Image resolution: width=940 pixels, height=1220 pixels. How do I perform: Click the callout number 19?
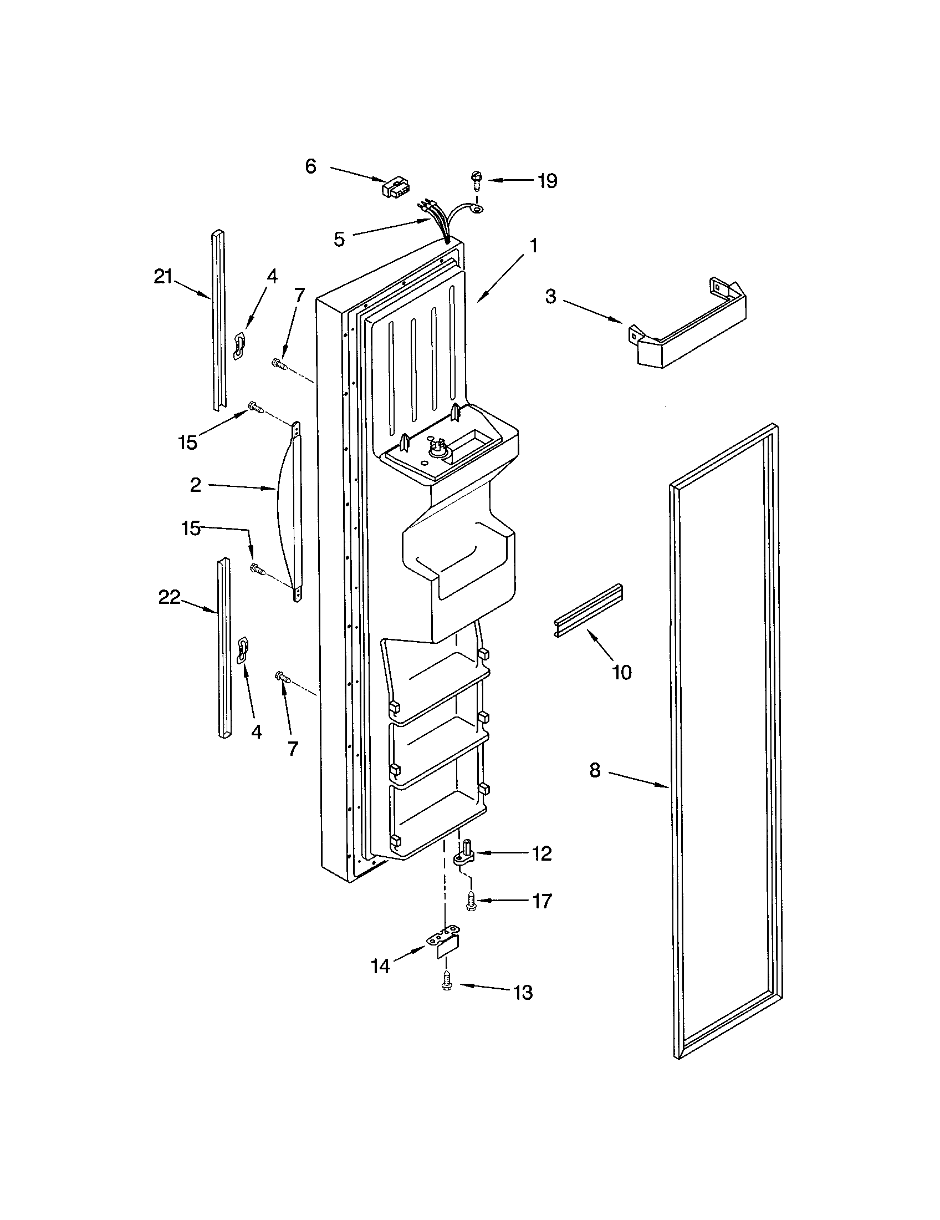(548, 181)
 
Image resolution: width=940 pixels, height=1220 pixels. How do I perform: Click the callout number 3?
(551, 297)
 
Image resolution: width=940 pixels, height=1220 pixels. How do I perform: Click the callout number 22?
(169, 597)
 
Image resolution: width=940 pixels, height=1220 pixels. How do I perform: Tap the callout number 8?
(595, 770)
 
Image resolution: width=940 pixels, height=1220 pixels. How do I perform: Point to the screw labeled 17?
(471, 901)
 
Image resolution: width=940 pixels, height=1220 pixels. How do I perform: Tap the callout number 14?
(381, 966)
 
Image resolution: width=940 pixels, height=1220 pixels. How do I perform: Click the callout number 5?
(339, 240)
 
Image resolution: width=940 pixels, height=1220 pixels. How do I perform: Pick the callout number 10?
(622, 672)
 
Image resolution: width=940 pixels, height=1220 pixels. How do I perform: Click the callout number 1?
(534, 245)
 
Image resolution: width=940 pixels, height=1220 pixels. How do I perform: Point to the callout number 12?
(541, 853)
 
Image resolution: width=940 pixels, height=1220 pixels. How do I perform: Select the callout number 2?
(195, 485)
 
